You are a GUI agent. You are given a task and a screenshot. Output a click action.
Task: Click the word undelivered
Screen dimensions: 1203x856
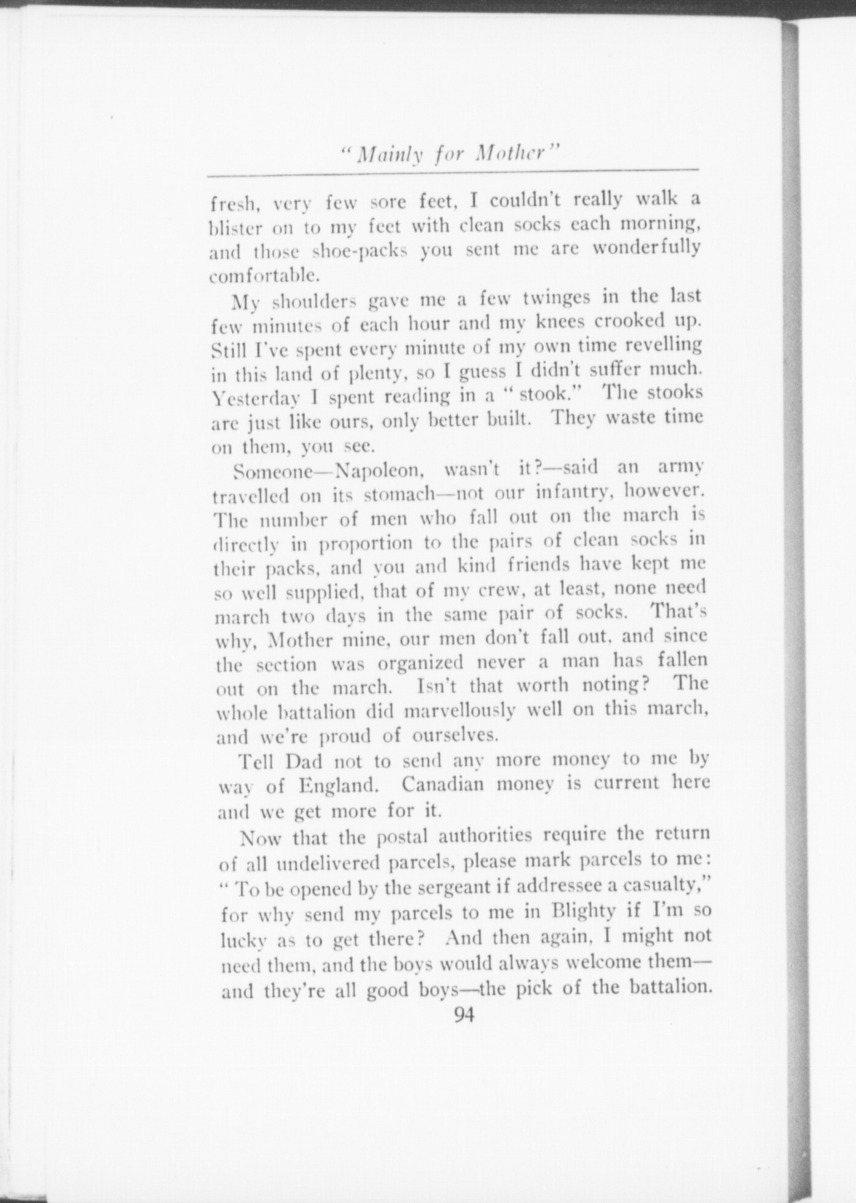tap(329, 863)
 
